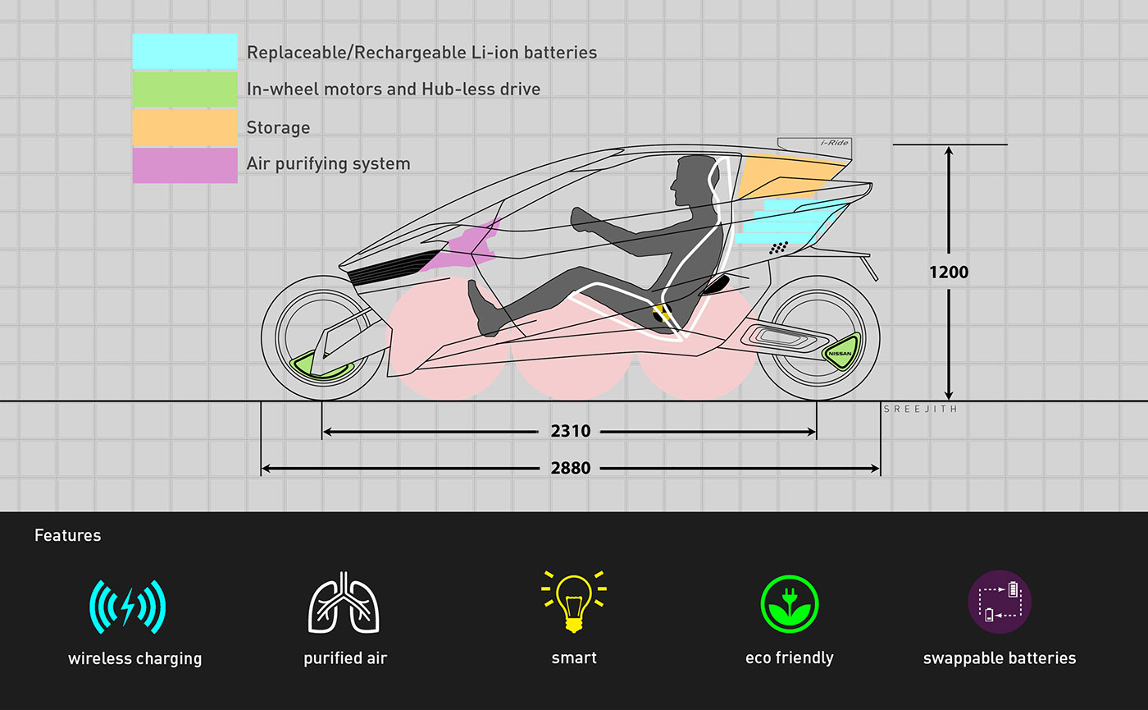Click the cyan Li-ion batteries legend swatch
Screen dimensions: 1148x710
pyautogui.click(x=184, y=51)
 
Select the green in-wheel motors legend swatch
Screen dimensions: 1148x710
pyautogui.click(x=184, y=89)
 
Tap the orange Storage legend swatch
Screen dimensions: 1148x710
pyautogui.click(x=184, y=127)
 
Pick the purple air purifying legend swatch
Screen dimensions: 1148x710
pyautogui.click(x=184, y=164)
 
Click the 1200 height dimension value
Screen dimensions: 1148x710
pyautogui.click(x=949, y=273)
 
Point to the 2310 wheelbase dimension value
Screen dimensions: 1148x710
pyautogui.click(x=571, y=431)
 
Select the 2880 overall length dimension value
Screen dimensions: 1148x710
pyautogui.click(x=571, y=469)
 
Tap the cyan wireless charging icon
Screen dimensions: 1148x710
pyautogui.click(x=127, y=607)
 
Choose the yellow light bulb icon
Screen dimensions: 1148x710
pyautogui.click(x=574, y=601)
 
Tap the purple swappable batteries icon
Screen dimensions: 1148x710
pyautogui.click(x=1000, y=602)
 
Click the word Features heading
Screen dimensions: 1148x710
pyautogui.click(x=68, y=535)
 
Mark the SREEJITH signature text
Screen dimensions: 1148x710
pyautogui.click(x=920, y=409)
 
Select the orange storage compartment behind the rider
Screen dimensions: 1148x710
pyautogui.click(x=787, y=175)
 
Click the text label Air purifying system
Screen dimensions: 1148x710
pyautogui.click(x=328, y=164)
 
